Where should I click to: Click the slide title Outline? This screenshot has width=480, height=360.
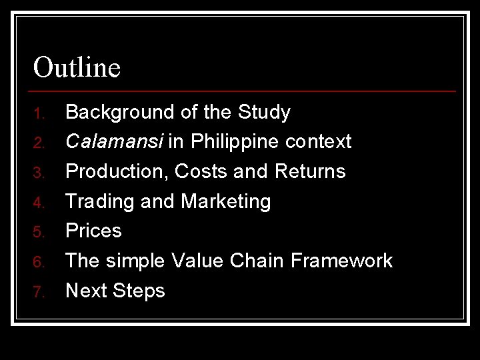(x=77, y=67)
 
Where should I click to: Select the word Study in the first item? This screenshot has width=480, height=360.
(x=265, y=113)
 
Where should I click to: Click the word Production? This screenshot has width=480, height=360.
(x=116, y=171)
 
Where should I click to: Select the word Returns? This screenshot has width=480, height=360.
(x=309, y=171)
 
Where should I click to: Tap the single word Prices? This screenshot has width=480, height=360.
(x=93, y=231)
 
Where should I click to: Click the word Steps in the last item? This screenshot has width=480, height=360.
(x=139, y=290)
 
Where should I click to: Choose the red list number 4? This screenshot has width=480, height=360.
(x=38, y=202)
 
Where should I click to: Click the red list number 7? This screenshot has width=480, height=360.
(x=38, y=291)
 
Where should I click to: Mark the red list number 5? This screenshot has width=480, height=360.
(x=38, y=232)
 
